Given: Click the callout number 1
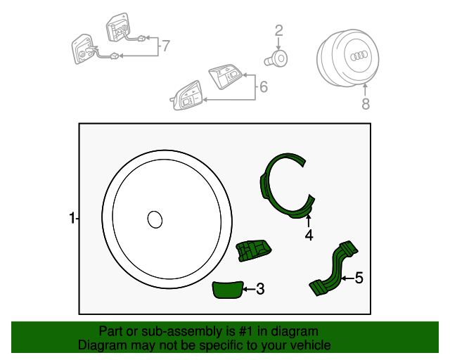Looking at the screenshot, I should (72, 219).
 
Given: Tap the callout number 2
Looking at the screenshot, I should (278, 30).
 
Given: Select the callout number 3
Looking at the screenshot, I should (259, 288).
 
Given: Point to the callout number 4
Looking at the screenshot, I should (309, 236).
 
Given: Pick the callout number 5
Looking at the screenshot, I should (359, 278).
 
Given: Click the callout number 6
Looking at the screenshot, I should (264, 87).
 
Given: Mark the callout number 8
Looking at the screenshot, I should (365, 105).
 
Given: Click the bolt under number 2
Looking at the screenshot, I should (278, 59).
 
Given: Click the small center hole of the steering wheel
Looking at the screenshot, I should (154, 219).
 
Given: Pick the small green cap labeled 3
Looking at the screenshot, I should (227, 289).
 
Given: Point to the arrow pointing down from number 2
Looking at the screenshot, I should (278, 43).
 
